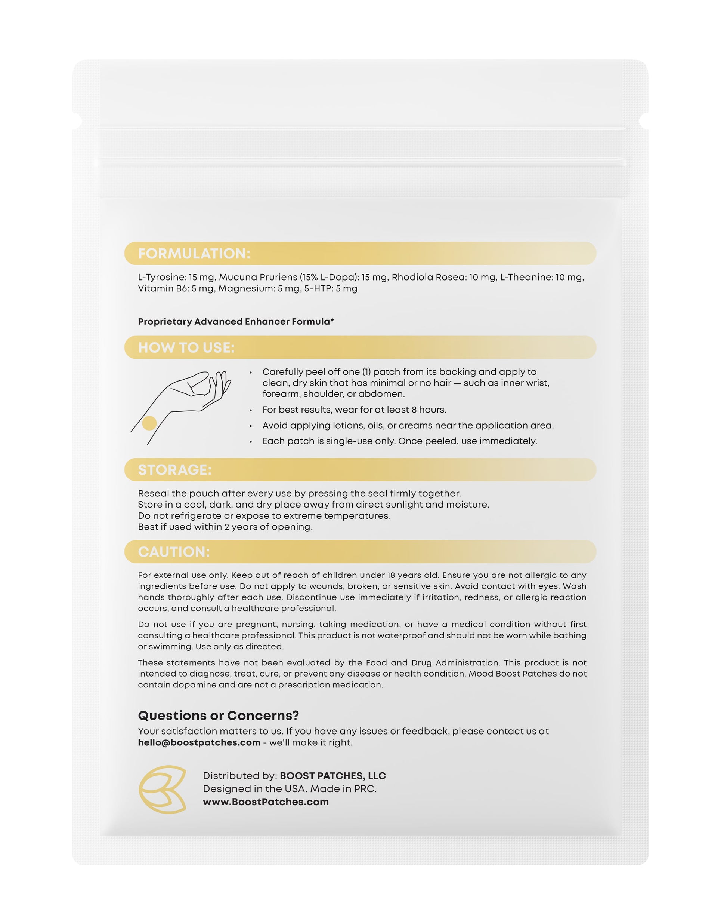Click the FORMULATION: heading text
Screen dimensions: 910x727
(194, 254)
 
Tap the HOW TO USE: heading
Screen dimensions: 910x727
(186, 348)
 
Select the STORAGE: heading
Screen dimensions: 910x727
(174, 470)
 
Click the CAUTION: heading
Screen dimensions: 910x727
(174, 552)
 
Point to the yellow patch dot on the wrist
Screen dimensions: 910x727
(149, 423)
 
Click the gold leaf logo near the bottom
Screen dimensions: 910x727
(163, 789)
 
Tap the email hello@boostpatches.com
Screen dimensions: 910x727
(199, 742)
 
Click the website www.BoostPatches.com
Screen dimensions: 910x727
(266, 802)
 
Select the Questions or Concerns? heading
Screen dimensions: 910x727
(219, 716)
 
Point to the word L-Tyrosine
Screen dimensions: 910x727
(161, 277)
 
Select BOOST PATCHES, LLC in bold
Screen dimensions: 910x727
(333, 776)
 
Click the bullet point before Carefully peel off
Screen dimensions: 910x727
(250, 373)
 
